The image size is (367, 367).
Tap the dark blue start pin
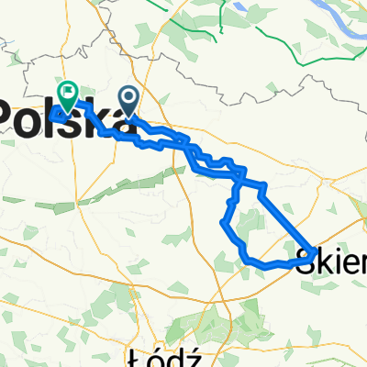(128, 98)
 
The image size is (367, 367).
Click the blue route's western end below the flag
(53, 115)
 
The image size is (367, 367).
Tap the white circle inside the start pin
(128, 95)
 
